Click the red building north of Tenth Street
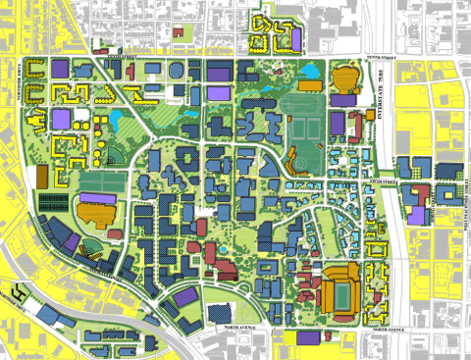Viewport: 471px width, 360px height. [x=180, y=32]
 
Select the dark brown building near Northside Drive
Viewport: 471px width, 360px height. [x=42, y=176]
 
